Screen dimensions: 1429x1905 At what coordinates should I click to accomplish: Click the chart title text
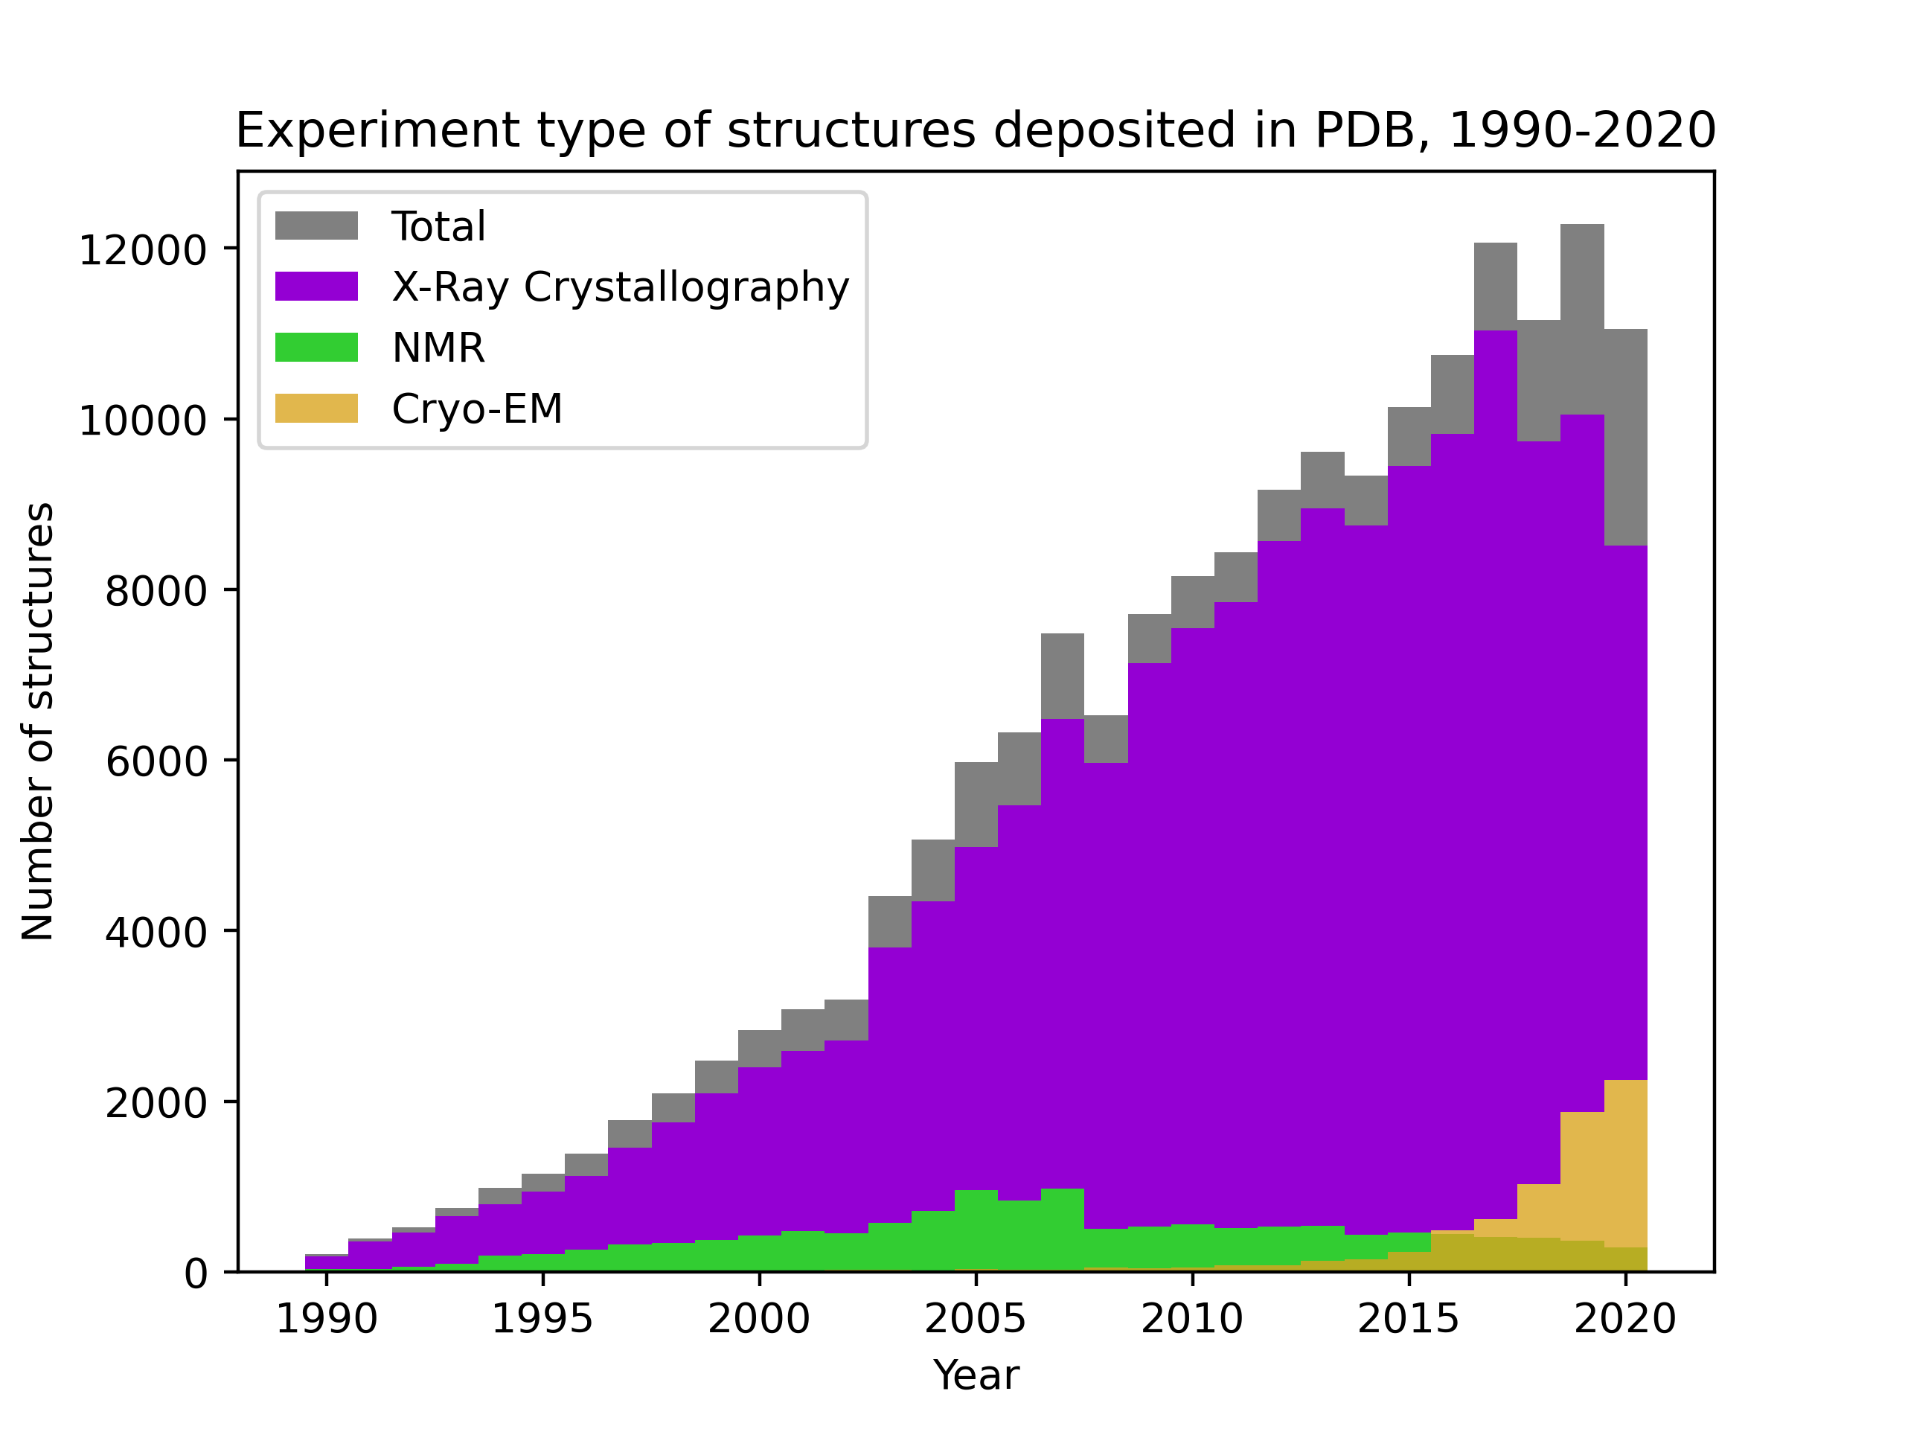coord(976,131)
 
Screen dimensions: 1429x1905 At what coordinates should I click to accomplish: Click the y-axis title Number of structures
coord(38,722)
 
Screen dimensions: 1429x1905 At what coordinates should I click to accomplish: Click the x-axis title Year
coord(976,1375)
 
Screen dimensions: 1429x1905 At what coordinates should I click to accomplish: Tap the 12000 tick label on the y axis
coord(143,251)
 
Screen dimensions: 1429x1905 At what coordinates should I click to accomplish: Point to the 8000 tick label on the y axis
coord(156,591)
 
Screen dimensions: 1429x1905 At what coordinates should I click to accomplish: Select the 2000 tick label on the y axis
coord(156,1104)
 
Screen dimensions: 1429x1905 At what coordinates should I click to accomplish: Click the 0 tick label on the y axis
coord(196,1274)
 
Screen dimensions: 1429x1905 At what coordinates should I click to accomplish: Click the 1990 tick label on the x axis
coord(327,1319)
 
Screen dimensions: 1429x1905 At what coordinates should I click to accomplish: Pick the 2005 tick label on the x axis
coord(976,1319)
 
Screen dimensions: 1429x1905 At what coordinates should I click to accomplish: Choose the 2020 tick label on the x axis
coord(1625,1319)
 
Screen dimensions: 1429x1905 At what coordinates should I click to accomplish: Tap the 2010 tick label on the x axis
coord(1192,1319)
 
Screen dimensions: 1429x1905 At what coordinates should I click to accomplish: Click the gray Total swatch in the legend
coord(316,226)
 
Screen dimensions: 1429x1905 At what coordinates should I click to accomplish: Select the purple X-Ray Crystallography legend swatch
coord(316,286)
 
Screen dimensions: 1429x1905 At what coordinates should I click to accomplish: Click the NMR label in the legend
coord(438,348)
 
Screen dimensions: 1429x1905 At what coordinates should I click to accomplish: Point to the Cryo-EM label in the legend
coord(477,409)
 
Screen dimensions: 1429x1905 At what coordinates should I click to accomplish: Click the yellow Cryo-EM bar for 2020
coord(1625,1163)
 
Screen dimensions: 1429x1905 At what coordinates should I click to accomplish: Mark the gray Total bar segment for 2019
coord(1582,319)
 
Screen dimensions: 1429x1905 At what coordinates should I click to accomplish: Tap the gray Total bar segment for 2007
coord(1062,676)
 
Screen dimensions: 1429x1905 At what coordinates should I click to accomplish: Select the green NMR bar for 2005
coord(976,1230)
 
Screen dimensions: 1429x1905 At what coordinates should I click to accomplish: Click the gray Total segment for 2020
coord(1625,437)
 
